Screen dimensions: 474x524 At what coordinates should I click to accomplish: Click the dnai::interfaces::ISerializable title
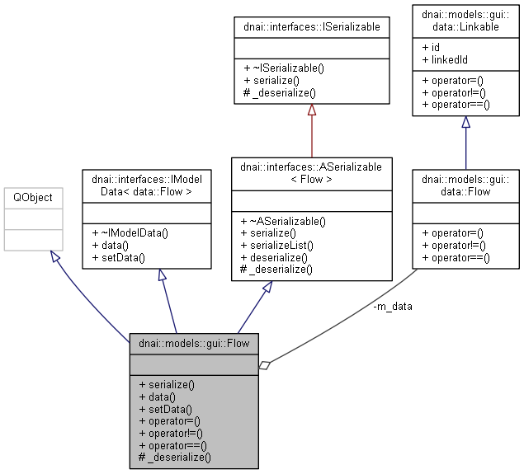(x=311, y=27)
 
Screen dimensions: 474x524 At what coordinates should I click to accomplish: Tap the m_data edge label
(x=393, y=306)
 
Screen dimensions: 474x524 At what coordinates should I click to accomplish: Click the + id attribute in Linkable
(x=431, y=48)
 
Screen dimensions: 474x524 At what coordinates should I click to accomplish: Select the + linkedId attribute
(x=445, y=59)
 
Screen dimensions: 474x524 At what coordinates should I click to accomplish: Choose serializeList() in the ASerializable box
(x=279, y=245)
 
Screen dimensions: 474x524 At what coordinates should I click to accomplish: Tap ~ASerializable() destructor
(x=282, y=221)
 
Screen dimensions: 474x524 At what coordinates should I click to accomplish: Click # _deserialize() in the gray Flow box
(x=175, y=457)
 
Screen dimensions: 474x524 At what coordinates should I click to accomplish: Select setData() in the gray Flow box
(x=165, y=408)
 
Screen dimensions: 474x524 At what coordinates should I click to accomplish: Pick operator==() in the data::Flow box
(x=456, y=257)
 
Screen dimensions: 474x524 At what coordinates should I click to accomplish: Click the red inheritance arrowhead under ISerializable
(x=311, y=110)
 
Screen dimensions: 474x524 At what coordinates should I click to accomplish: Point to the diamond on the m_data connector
(x=264, y=364)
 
